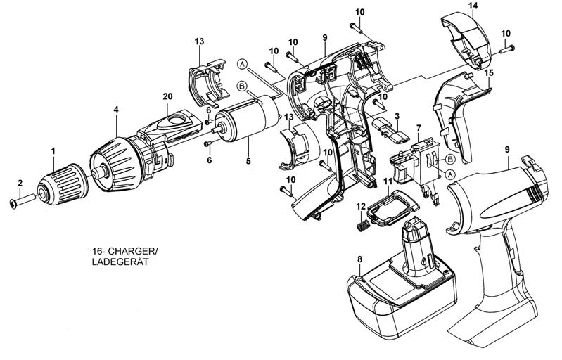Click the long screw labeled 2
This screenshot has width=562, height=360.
click(x=22, y=200)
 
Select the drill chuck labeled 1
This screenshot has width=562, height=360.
click(x=63, y=184)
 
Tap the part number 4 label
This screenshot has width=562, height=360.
click(x=116, y=110)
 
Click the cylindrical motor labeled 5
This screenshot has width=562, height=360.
click(x=248, y=119)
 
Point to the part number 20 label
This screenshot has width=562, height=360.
click(x=167, y=96)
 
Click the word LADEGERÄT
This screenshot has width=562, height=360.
click(x=120, y=262)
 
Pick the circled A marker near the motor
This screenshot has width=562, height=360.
click(x=243, y=64)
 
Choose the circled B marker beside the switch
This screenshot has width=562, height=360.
click(x=450, y=158)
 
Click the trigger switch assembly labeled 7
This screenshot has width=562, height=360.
click(x=416, y=169)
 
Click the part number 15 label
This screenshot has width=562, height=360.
click(x=489, y=72)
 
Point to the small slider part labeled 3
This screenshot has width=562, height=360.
click(x=390, y=131)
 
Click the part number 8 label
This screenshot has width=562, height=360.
click(x=360, y=259)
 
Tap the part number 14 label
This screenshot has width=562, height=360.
click(x=473, y=6)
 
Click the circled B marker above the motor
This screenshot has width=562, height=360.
click(x=242, y=86)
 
